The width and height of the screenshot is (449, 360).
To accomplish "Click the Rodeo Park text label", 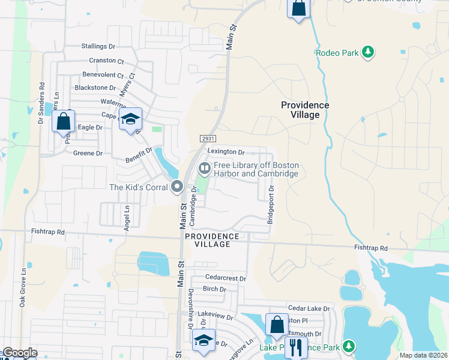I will click(x=337, y=53).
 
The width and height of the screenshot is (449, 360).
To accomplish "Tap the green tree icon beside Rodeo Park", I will click(x=369, y=53).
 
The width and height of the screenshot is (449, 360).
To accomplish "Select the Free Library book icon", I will click(x=204, y=168).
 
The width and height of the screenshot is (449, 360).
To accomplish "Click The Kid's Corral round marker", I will click(x=176, y=187).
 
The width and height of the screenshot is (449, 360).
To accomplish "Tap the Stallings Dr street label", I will click(x=98, y=46).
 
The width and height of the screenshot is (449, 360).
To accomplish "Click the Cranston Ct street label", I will click(x=106, y=61).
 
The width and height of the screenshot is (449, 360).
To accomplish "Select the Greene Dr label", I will click(x=88, y=154).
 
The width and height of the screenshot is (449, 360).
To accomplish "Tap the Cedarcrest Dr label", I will click(x=226, y=278).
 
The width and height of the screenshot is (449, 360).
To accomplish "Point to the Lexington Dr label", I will click(x=226, y=152).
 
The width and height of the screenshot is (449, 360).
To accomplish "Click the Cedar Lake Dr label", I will click(x=309, y=308).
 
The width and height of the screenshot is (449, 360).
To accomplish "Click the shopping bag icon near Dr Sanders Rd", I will click(x=63, y=121).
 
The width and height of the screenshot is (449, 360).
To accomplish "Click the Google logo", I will click(x=20, y=353).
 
